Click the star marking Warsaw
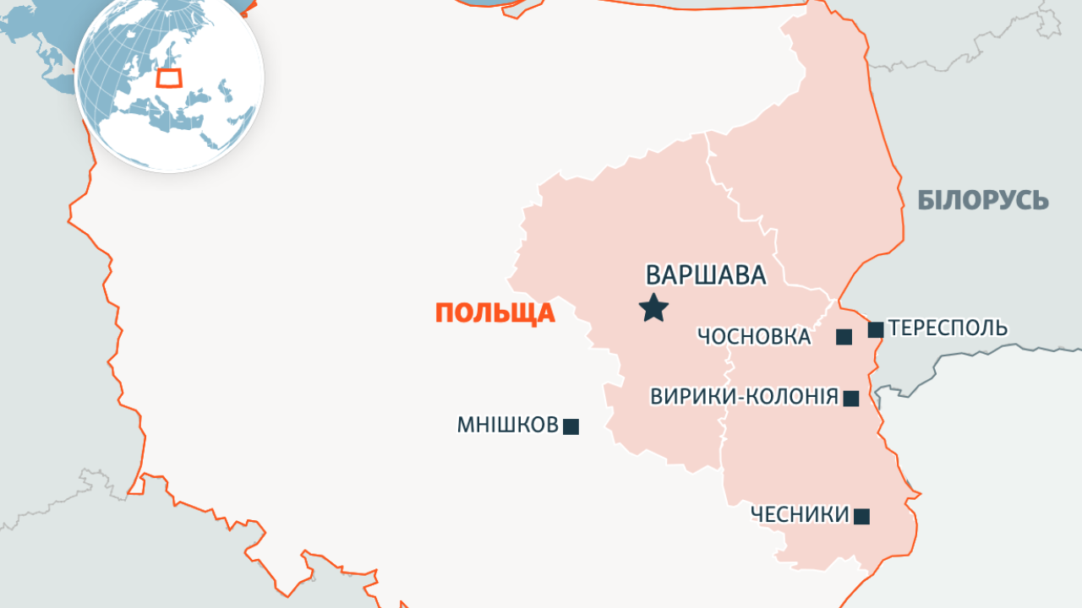[653, 308]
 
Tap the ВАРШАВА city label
[706, 275]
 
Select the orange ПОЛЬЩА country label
[495, 313]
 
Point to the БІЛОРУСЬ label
[983, 201]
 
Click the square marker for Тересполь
[876, 329]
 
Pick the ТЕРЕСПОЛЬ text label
[948, 328]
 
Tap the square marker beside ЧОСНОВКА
[844, 337]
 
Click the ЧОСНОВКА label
[754, 337]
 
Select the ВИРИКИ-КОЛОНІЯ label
[744, 397]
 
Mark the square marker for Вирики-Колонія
[851, 399]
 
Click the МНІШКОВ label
[508, 425]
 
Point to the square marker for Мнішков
[571, 426]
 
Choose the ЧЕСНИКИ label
[800, 514]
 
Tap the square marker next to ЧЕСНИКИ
[861, 516]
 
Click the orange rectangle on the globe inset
[170, 79]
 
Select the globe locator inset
[170, 78]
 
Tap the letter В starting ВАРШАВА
[653, 275]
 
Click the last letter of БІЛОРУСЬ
[1041, 201]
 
